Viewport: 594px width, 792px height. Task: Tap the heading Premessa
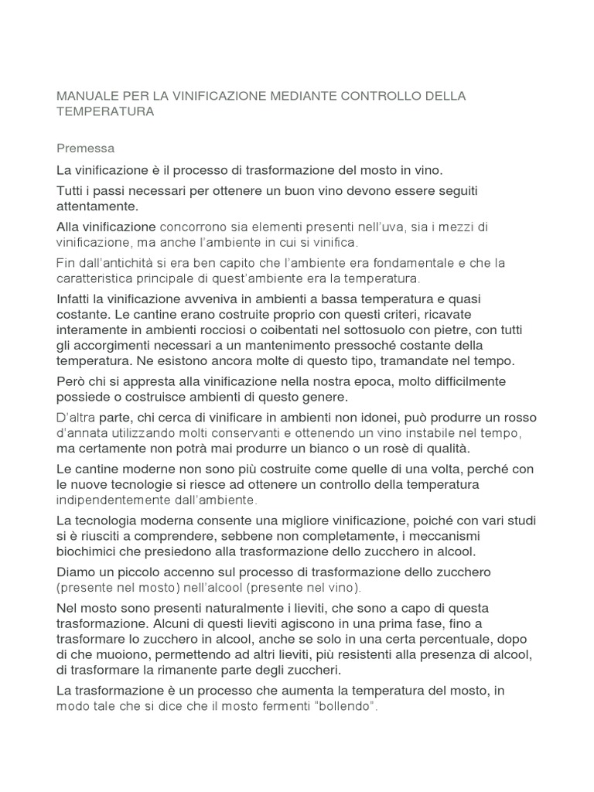[x=86, y=147]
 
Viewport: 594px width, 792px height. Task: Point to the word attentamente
[x=97, y=207]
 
